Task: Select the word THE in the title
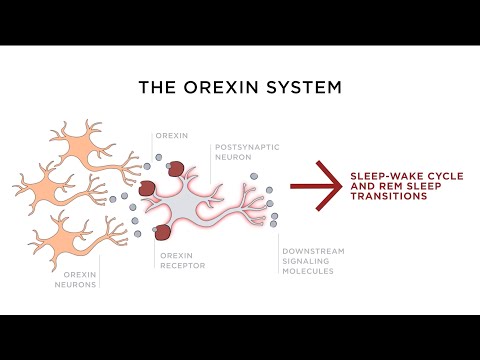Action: tap(156, 87)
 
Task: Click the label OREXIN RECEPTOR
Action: tap(182, 261)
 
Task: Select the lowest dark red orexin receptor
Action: tap(161, 234)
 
